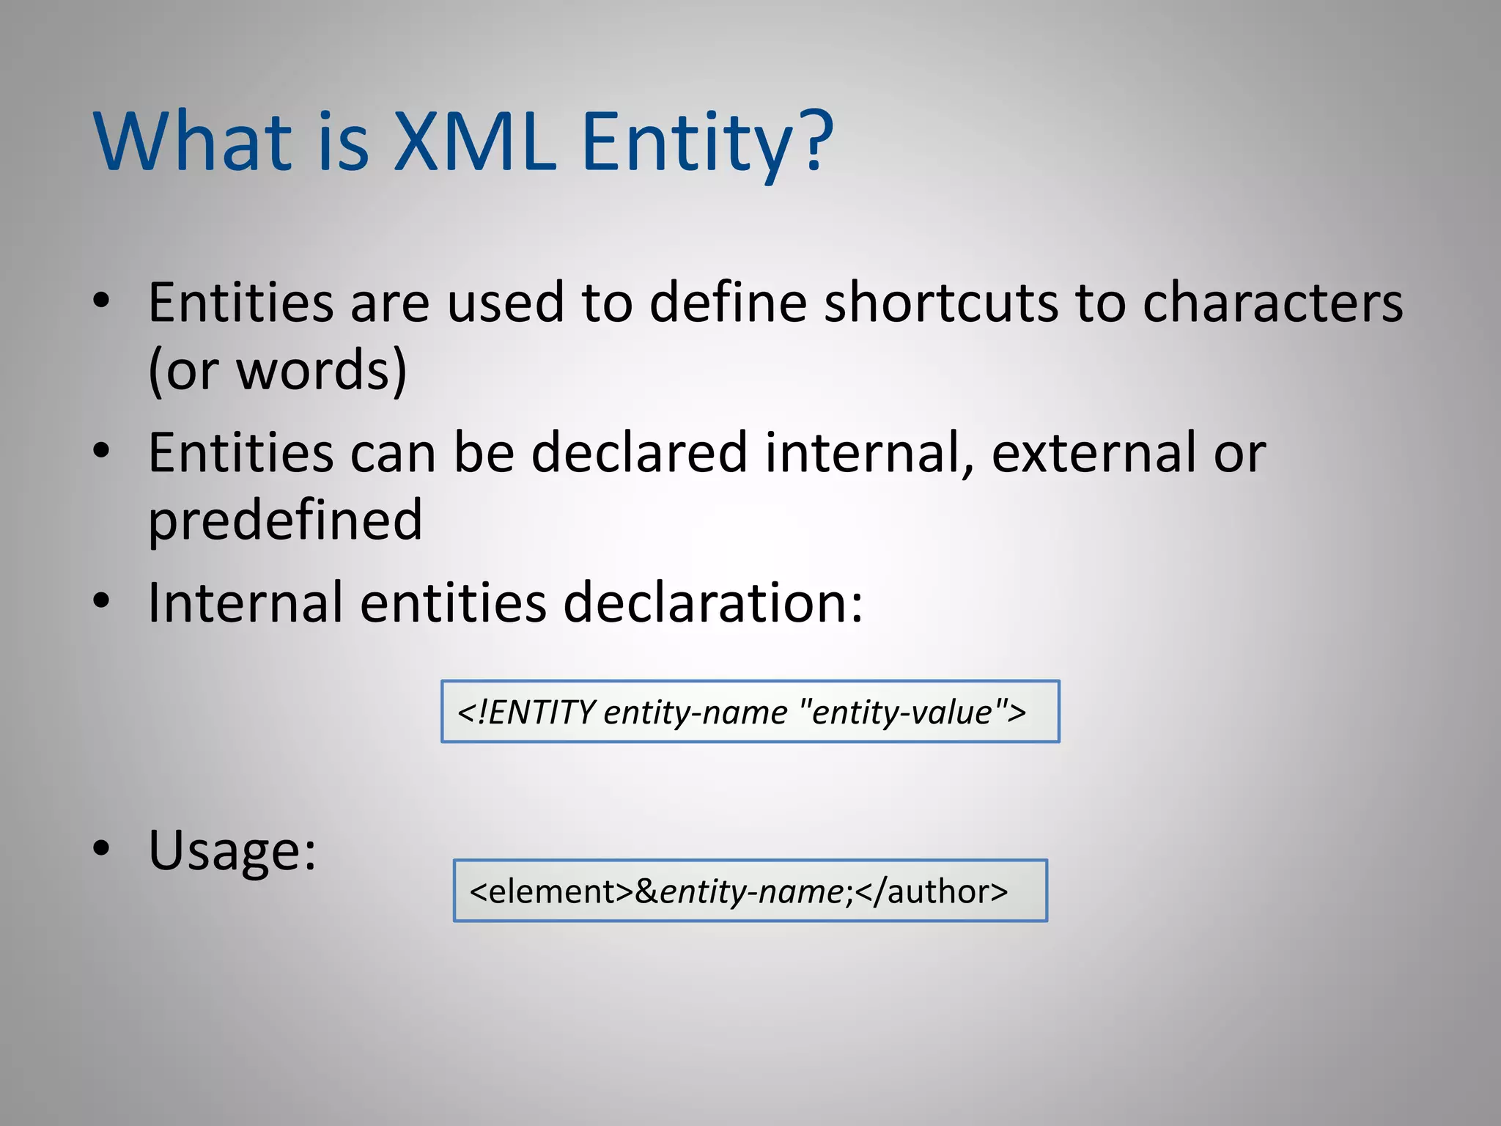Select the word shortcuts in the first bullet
(x=940, y=302)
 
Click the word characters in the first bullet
(x=1272, y=302)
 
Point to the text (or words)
(x=277, y=370)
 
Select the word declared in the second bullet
(x=639, y=453)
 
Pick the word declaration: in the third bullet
(x=712, y=603)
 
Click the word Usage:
(x=232, y=850)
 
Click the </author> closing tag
(x=932, y=891)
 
